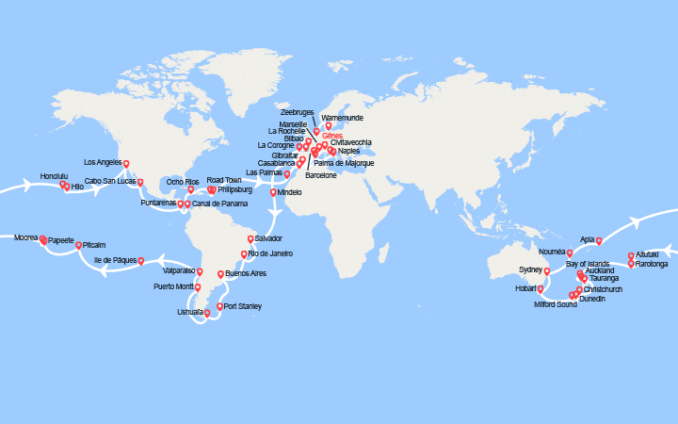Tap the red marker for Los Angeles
[x=126, y=165]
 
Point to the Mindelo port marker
[x=274, y=193]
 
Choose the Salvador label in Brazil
[x=268, y=238]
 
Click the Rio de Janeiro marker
[x=244, y=254]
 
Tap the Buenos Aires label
[x=247, y=273]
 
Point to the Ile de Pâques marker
[x=140, y=261]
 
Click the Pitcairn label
[x=94, y=245]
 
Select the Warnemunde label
[x=342, y=118]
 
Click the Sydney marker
[x=546, y=271]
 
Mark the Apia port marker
[x=599, y=241]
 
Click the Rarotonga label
[x=651, y=264]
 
